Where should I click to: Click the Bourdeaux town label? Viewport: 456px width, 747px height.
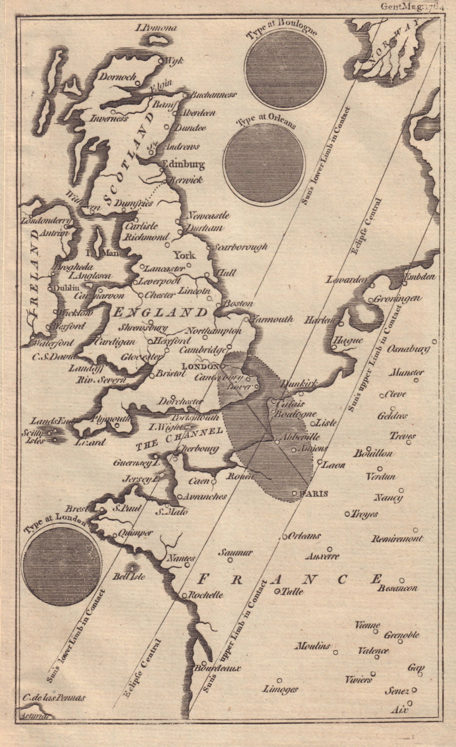220,668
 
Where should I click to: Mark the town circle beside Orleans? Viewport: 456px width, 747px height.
283,537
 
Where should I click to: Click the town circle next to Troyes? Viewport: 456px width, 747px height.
347,514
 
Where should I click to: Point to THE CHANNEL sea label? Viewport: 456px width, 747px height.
178,438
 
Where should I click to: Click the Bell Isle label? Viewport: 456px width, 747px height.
129,576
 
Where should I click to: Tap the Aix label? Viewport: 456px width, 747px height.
398,710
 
